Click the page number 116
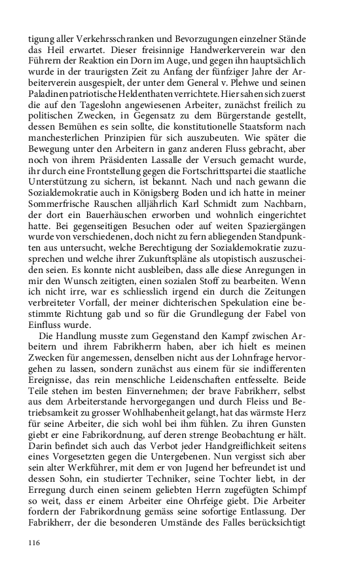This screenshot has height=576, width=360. [35, 543]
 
